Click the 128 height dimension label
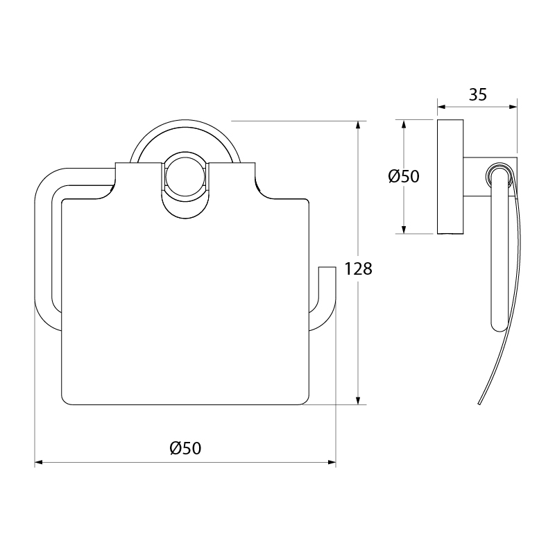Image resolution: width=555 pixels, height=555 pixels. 358,269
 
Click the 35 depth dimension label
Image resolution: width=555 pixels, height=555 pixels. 478,94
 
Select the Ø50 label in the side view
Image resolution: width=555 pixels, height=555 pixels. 404,176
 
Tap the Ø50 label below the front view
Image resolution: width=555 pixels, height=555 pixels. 185,448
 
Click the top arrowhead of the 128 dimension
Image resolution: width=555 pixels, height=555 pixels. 358,126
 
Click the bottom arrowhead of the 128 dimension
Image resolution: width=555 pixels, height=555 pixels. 358,400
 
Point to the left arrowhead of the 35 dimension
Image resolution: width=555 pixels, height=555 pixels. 443,107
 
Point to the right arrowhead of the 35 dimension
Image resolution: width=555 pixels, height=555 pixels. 512,107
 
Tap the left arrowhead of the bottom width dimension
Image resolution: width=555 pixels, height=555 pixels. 40,462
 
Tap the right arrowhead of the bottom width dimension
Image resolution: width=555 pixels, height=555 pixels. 331,462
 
